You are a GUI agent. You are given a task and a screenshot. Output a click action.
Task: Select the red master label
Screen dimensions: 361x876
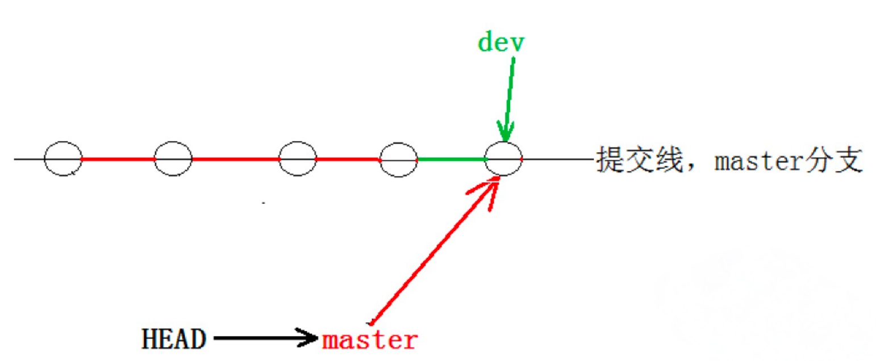coord(370,340)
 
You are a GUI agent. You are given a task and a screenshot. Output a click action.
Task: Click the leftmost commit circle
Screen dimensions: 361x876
coord(63,159)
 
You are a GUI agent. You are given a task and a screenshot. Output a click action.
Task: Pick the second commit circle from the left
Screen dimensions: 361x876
coord(173,159)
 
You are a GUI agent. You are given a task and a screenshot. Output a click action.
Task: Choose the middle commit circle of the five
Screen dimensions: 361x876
coord(298,159)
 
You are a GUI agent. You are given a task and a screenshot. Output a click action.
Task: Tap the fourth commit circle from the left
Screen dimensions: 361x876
coord(399,159)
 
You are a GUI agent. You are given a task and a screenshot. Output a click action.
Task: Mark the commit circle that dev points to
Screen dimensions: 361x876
coord(504,159)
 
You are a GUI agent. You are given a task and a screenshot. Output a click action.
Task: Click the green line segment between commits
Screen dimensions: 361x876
coord(452,159)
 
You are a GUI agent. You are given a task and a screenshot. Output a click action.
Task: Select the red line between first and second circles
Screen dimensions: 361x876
coord(118,159)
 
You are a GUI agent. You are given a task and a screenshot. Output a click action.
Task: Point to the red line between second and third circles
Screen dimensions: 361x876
coord(235,159)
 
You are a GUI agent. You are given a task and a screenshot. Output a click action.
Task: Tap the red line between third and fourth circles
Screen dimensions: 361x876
coord(348,159)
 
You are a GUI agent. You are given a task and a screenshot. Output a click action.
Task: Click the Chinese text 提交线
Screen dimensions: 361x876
coord(636,161)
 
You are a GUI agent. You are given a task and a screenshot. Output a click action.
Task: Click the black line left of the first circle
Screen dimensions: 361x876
coord(28,159)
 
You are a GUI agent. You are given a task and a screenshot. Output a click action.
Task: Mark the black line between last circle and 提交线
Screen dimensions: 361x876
coord(557,159)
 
